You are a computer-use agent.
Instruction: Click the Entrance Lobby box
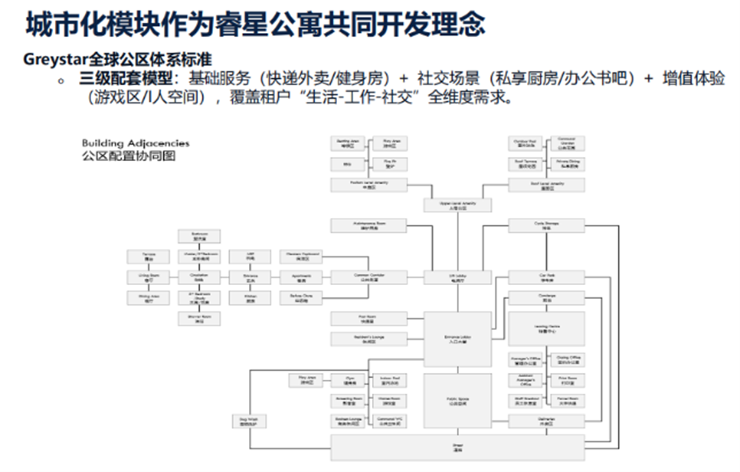point(457,339)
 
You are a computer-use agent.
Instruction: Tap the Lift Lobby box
point(457,277)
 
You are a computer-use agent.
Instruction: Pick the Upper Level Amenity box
point(457,206)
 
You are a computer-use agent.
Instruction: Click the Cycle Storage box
point(546,226)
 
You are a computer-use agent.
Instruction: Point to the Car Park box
point(546,277)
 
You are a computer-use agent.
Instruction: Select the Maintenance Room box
point(369,226)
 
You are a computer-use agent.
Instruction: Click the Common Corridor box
point(369,277)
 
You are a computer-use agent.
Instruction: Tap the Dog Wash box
point(248,422)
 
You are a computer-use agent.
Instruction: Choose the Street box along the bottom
point(457,447)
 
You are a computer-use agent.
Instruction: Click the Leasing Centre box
point(546,328)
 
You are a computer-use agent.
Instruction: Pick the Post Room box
point(369,319)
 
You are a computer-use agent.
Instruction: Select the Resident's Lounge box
point(369,339)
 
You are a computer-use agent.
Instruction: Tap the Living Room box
point(141,277)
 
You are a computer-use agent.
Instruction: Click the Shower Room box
point(199,319)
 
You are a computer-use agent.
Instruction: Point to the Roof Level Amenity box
point(546,185)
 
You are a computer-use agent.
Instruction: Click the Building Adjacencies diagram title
point(135,143)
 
